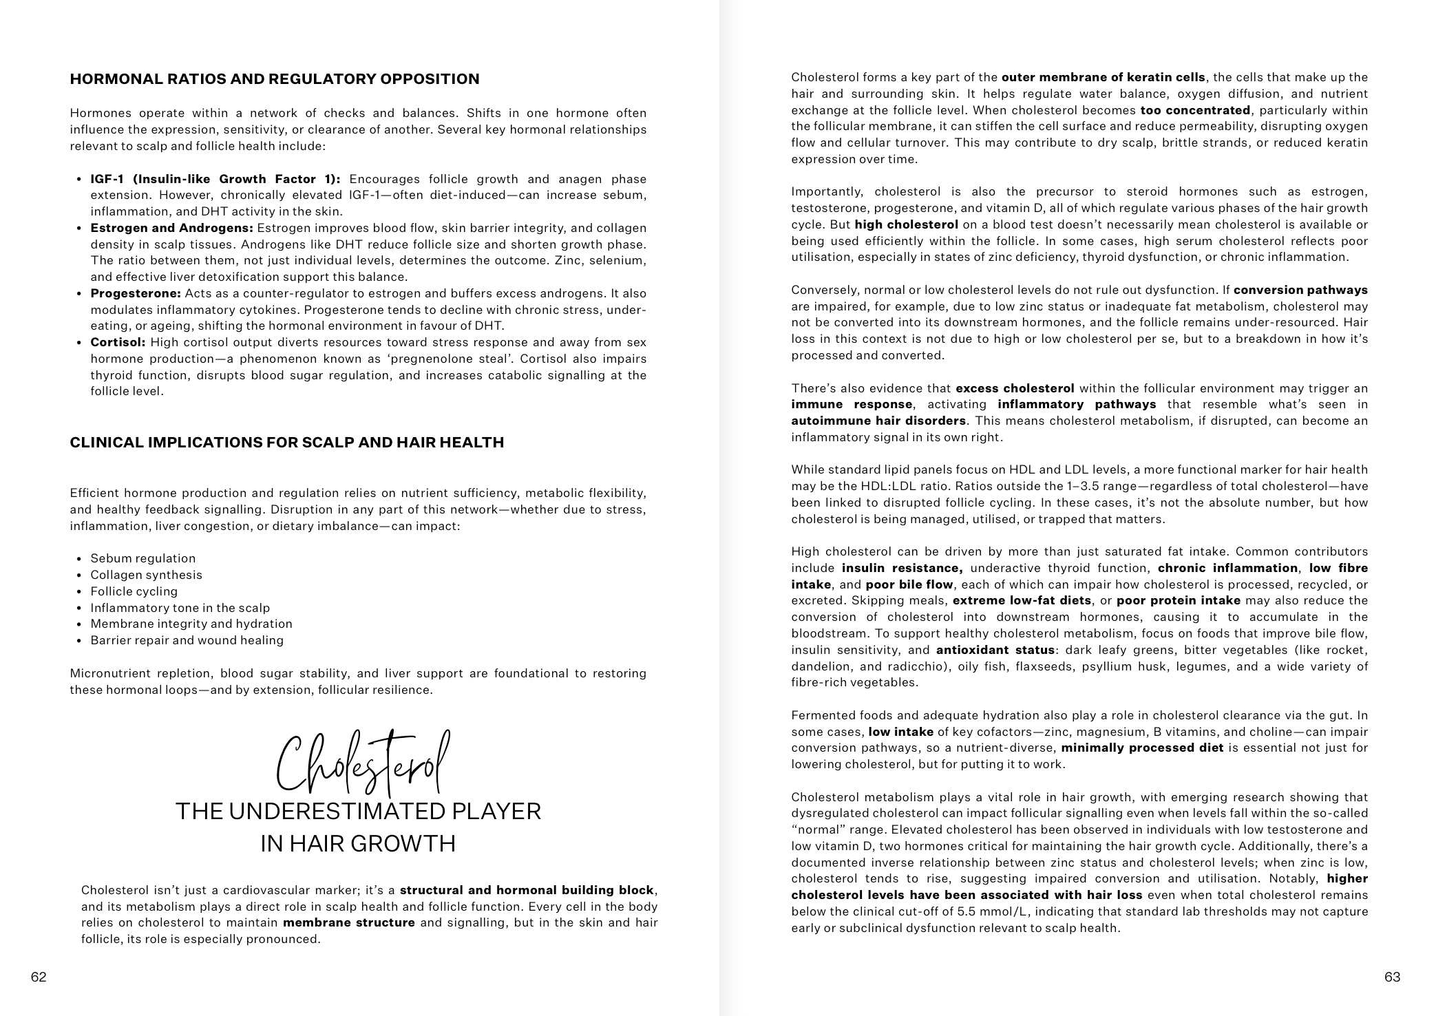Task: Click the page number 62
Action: pyautogui.click(x=39, y=977)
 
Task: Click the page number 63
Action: pyautogui.click(x=1392, y=977)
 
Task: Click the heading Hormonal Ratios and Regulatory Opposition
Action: pyautogui.click(x=275, y=79)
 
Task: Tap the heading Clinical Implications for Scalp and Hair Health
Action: pyautogui.click(x=287, y=443)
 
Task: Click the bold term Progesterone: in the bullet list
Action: pyautogui.click(x=136, y=294)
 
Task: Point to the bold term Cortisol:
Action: pyautogui.click(x=118, y=343)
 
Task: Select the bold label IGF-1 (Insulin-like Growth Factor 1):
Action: pyautogui.click(x=215, y=180)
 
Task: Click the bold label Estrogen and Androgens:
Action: pyautogui.click(x=172, y=229)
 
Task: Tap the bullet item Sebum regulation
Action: pyautogui.click(x=142, y=559)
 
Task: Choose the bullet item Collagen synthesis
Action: pyautogui.click(x=146, y=575)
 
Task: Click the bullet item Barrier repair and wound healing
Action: pyautogui.click(x=187, y=641)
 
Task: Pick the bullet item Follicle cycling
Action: pyautogui.click(x=134, y=592)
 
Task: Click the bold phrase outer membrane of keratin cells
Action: pyautogui.click(x=1103, y=78)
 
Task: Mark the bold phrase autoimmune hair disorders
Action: pyautogui.click(x=878, y=421)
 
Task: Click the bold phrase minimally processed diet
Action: pyautogui.click(x=1142, y=748)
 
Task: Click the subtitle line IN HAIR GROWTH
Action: pyautogui.click(x=358, y=844)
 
